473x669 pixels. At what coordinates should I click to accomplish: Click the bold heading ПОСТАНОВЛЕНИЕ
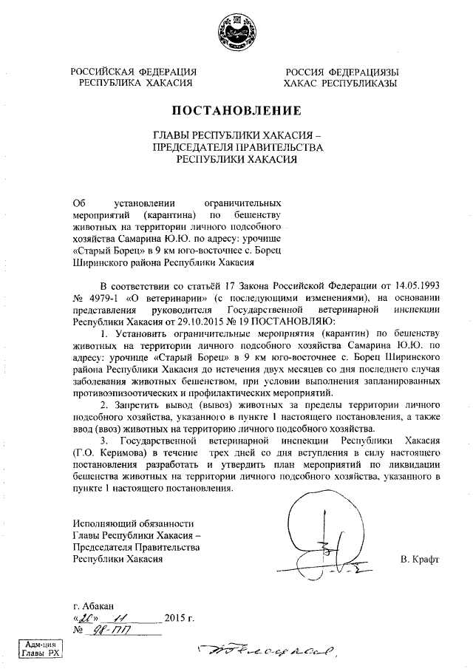[x=236, y=112]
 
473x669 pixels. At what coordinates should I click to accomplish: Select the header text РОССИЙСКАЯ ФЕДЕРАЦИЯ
[x=133, y=72]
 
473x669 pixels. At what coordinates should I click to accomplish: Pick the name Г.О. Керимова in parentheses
[x=106, y=452]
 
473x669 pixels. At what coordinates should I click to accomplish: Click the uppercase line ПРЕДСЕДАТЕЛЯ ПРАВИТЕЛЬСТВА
[x=236, y=147]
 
